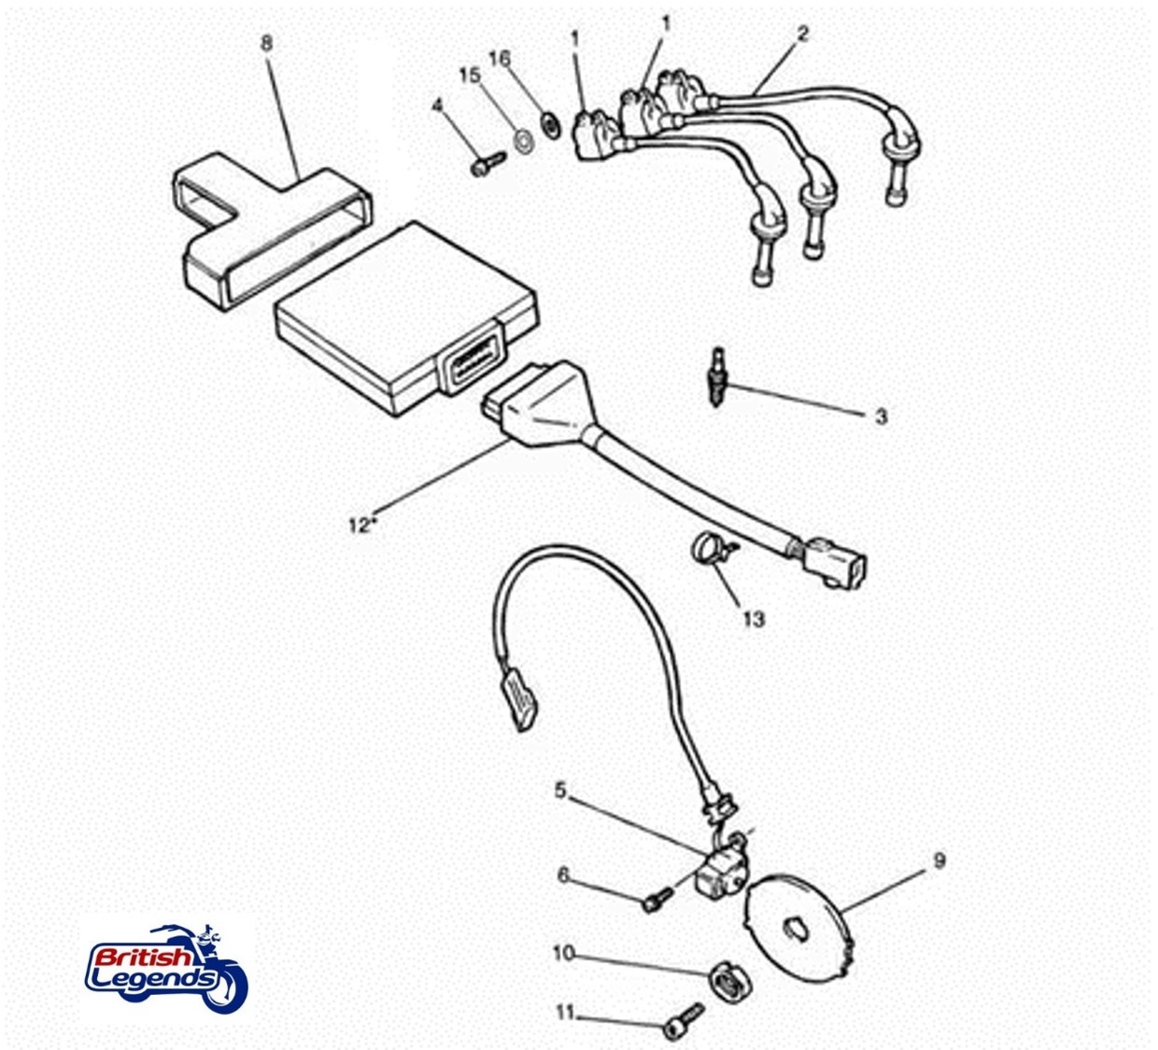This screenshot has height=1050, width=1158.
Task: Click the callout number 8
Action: click(266, 43)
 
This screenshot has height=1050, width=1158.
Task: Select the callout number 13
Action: click(754, 619)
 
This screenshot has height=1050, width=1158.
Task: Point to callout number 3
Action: click(881, 416)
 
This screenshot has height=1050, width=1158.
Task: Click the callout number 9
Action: click(939, 861)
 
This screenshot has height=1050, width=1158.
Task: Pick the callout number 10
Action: click(564, 953)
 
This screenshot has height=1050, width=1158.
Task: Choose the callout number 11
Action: click(565, 1012)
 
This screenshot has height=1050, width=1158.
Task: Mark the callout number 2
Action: click(803, 34)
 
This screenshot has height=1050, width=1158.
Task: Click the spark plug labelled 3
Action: click(717, 377)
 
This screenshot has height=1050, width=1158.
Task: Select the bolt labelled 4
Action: click(488, 162)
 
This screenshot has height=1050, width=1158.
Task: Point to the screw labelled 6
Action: click(657, 899)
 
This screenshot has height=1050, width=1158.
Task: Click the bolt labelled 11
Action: click(685, 1018)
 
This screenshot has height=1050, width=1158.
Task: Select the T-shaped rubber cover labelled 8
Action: click(272, 231)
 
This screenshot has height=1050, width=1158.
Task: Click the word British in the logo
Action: click(143, 959)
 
